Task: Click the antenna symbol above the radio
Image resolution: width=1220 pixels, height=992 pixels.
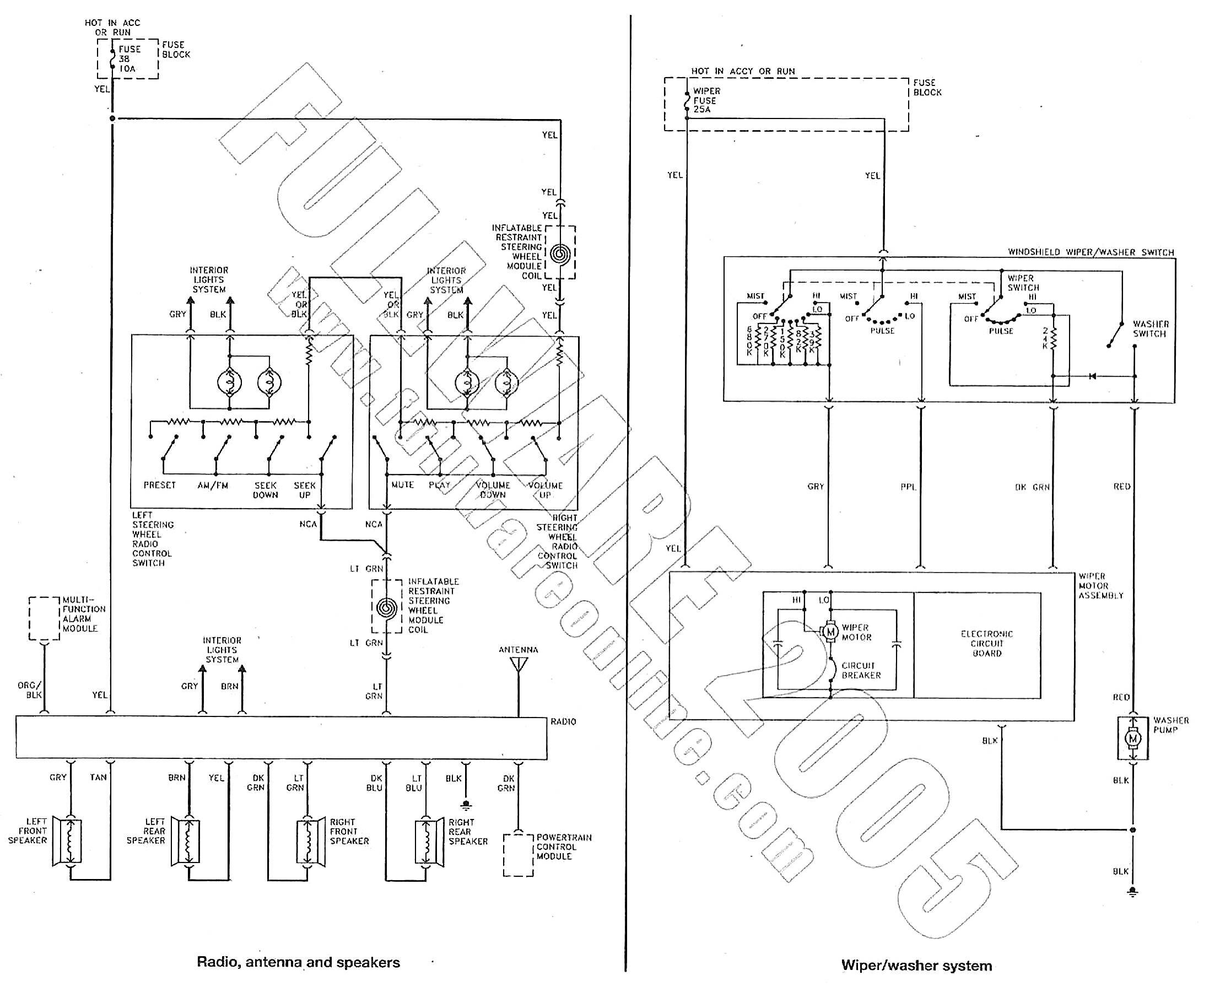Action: click(x=519, y=665)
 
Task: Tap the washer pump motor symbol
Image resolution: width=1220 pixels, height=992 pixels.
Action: click(x=1132, y=739)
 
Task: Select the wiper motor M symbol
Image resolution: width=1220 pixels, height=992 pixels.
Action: click(x=830, y=632)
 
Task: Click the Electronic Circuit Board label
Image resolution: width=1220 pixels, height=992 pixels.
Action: click(x=987, y=644)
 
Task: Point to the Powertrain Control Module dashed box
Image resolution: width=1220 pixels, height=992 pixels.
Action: click(x=519, y=855)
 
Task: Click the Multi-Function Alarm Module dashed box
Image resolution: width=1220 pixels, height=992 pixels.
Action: click(x=44, y=618)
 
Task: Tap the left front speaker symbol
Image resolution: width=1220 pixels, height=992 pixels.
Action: click(x=67, y=841)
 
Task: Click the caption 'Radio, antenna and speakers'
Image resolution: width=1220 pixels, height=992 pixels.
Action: click(x=298, y=962)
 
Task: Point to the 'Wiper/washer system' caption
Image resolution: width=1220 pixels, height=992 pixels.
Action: click(x=916, y=966)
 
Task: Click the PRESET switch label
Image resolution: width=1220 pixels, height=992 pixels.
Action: click(x=159, y=485)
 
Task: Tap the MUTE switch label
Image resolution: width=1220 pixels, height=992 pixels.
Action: click(x=402, y=484)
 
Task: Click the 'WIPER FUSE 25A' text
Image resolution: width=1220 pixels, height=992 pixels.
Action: click(x=706, y=100)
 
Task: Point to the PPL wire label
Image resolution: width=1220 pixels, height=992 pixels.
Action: click(x=908, y=487)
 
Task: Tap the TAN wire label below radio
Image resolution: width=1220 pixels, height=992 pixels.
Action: click(x=98, y=777)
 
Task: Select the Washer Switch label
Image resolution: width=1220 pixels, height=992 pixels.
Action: click(x=1150, y=328)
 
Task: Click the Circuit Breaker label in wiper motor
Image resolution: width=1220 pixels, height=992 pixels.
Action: click(x=861, y=670)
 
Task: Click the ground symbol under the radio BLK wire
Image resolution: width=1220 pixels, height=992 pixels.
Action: click(x=466, y=805)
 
